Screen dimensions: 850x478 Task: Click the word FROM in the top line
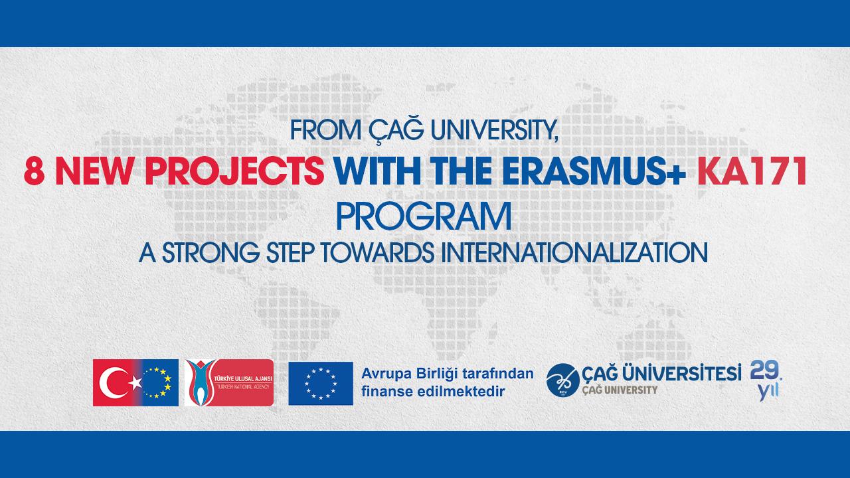tap(325, 131)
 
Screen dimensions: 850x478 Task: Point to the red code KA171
tap(752, 171)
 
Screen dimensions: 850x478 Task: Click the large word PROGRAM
tap(424, 216)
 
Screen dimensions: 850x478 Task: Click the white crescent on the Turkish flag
tap(111, 383)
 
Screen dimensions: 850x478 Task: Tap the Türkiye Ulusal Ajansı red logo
tap(229, 383)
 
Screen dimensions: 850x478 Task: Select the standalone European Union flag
tap(321, 384)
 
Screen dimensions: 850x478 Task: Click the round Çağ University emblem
tap(562, 380)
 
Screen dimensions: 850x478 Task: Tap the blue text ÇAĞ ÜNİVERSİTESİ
tap(661, 373)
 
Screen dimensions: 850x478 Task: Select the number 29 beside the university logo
tap(764, 370)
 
